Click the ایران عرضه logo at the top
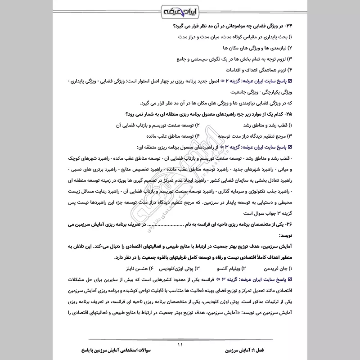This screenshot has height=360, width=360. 180,10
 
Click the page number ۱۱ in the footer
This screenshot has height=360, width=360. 180,345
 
